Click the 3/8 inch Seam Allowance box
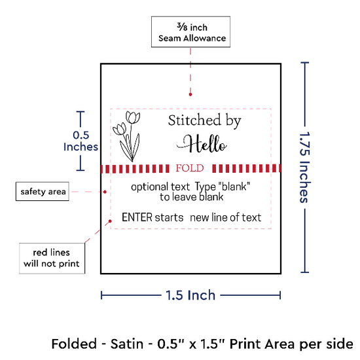tap(190, 32)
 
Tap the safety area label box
tap(43, 192)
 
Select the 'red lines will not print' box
tap(52, 259)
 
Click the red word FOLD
tap(190, 168)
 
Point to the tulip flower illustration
tap(127, 136)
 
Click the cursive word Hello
tap(202, 144)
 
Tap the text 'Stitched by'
tap(205, 120)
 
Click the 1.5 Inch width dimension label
tap(190, 295)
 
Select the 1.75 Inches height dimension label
tap(305, 168)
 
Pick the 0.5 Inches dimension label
tap(81, 141)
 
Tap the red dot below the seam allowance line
tap(190, 94)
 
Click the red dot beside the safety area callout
tap(105, 192)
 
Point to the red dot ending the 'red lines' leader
tap(110, 221)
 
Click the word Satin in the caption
tap(127, 344)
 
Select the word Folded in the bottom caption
tap(74, 344)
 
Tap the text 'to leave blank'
tap(192, 197)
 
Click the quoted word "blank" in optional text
tap(234, 187)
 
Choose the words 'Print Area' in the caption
tap(262, 344)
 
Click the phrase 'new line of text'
tap(226, 217)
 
